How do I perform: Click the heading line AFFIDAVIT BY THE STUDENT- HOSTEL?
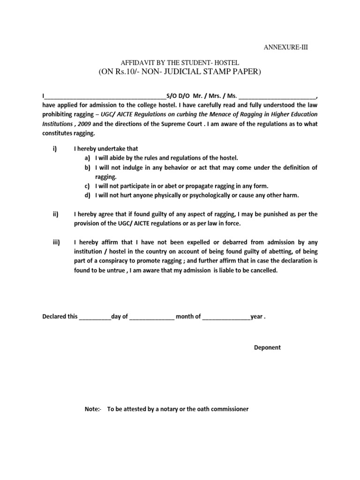click(x=180, y=62)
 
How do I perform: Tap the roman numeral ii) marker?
click(x=55, y=214)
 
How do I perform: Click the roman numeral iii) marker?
click(x=55, y=242)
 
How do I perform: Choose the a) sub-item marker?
click(x=88, y=158)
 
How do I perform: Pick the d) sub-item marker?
click(x=88, y=195)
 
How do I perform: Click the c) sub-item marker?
click(x=88, y=186)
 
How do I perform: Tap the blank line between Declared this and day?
click(x=95, y=317)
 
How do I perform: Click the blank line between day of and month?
click(x=151, y=317)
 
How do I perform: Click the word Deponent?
click(x=267, y=347)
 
